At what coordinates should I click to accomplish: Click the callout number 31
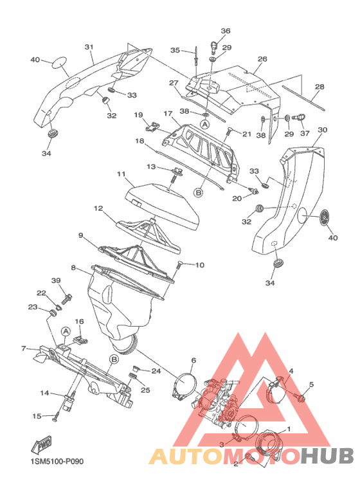89,47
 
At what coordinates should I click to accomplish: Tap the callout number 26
262,59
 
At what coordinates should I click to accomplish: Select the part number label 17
168,113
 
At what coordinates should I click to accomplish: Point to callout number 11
121,174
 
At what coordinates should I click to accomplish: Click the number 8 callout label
73,268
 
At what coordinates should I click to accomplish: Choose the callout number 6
194,360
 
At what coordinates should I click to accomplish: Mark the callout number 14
44,393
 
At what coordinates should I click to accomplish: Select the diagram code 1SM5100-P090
57,461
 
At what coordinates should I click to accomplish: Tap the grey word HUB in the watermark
327,456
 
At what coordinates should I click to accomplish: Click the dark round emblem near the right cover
323,217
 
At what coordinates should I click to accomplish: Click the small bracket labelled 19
152,126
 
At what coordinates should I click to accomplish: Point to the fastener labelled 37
298,118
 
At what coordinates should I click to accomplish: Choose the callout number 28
319,87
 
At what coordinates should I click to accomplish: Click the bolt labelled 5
300,396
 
